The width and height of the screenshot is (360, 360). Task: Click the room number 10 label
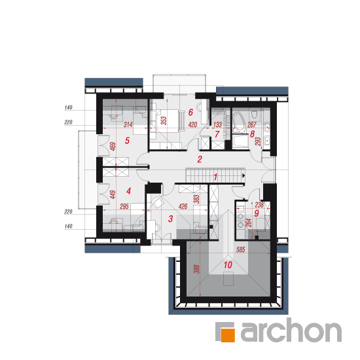pos(228,264)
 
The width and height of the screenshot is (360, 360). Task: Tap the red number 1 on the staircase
pos(215,177)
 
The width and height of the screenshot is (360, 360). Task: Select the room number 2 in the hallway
pos(200,159)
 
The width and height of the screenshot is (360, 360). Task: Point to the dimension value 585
pos(241,249)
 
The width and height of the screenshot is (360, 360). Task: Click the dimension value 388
pos(196,269)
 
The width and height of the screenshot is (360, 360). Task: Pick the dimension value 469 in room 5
pos(113,147)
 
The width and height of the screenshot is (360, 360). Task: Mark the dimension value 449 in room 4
pos(113,194)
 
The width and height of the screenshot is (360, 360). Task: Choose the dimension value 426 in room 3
pos(183,206)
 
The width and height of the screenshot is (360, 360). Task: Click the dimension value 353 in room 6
pos(164,121)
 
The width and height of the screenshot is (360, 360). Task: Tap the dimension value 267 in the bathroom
pos(251,124)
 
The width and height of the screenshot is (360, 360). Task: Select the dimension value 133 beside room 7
pos(217,124)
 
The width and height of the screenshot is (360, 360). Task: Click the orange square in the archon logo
pos(228,335)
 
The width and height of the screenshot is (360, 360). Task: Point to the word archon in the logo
pos(291,330)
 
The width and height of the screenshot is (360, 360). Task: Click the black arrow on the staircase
pos(243,175)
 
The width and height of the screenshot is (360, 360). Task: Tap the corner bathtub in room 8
pos(240,122)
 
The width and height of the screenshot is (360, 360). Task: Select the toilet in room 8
pos(254,114)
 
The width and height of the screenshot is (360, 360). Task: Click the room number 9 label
pos(257,213)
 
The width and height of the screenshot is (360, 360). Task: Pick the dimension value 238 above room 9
pos(259,205)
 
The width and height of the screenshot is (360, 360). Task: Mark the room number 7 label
pos(217,134)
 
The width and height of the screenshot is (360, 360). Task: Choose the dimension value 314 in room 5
pos(128,124)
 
